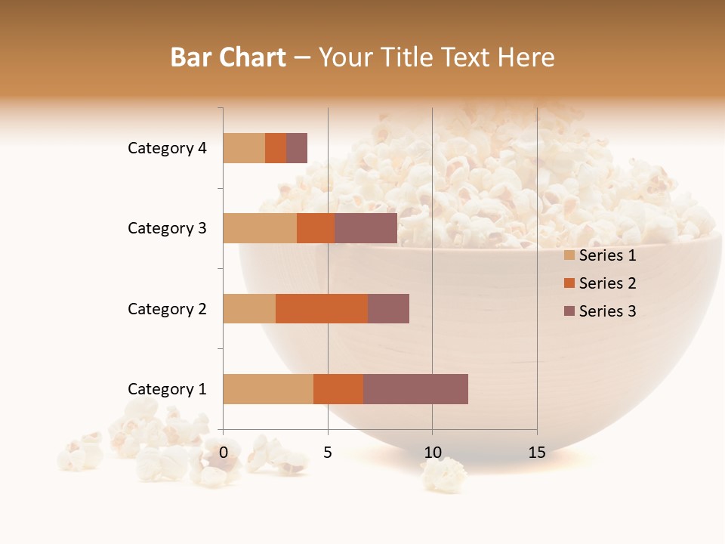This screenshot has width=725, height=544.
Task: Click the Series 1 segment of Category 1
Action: (268, 389)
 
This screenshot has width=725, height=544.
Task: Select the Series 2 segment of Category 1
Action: (338, 389)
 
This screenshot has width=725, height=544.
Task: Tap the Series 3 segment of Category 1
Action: (415, 389)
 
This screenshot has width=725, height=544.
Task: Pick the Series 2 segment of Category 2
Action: (322, 308)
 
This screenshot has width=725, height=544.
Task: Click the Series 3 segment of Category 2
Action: (388, 308)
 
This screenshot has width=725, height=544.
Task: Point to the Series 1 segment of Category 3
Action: (260, 228)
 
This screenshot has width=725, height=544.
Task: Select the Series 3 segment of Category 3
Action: (366, 228)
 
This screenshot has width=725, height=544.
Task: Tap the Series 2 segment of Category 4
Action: (276, 148)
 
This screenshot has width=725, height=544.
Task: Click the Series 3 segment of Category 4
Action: (297, 148)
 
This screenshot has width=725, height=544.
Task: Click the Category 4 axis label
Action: (167, 148)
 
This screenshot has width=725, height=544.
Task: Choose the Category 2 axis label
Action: (167, 308)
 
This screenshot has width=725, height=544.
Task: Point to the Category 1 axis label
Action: (167, 389)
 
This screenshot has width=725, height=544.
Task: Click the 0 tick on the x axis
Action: (224, 453)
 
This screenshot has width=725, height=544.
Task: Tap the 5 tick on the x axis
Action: (328, 453)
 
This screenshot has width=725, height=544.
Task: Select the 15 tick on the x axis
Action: (537, 453)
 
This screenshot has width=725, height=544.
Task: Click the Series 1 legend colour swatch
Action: (569, 255)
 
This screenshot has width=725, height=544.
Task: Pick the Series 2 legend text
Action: (607, 283)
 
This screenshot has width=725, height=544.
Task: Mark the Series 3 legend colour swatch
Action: (569, 311)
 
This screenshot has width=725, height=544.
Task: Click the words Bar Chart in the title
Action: (228, 57)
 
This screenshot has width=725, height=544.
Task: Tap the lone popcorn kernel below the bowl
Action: (444, 474)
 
